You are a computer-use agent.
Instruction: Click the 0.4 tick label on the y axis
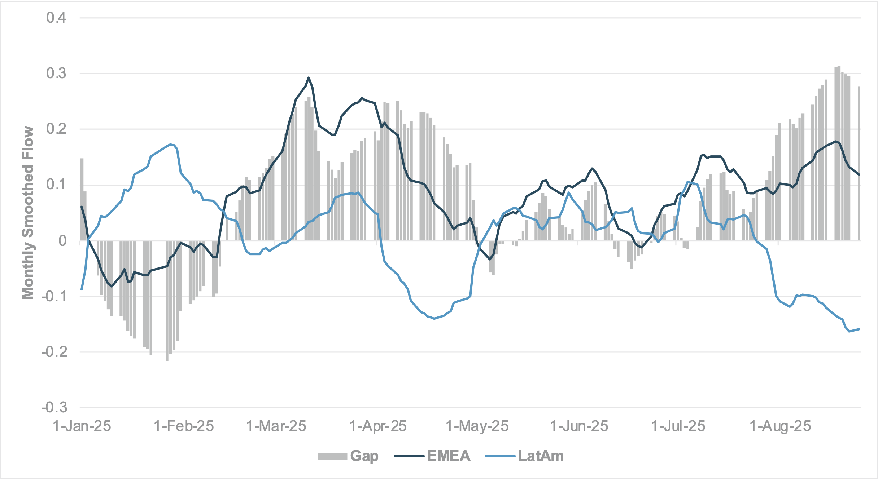56,18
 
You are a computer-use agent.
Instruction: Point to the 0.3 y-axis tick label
56,74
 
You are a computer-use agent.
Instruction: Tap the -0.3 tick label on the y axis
54,408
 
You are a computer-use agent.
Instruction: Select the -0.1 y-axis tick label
54,296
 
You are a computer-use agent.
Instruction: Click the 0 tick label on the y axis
63,241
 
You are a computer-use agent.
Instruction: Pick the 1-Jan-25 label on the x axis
82,426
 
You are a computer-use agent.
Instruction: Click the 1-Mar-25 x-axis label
276,426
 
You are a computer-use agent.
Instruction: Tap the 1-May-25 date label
477,426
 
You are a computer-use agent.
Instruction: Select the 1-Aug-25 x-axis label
780,426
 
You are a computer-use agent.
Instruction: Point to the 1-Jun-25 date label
579,426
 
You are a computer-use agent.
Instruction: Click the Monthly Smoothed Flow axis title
28,213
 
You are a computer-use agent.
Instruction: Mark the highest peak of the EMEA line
309,77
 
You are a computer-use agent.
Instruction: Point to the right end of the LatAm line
859,329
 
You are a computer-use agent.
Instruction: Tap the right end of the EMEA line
859,175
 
